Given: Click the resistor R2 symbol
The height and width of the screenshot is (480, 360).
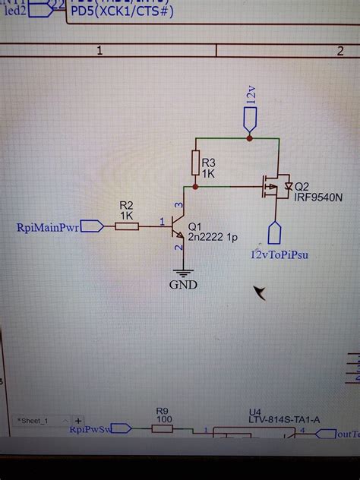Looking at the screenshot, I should pyautogui.click(x=127, y=225).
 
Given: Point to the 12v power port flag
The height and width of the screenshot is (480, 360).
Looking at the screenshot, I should pyautogui.click(x=250, y=118).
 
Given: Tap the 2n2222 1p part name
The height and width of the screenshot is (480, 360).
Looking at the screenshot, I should pyautogui.click(x=212, y=237).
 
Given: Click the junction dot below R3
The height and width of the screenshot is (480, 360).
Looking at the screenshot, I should pyautogui.click(x=195, y=185).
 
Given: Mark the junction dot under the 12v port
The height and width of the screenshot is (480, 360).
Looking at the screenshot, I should pyautogui.click(x=250, y=138).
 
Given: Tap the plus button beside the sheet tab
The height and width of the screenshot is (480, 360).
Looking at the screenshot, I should pyautogui.click(x=78, y=420).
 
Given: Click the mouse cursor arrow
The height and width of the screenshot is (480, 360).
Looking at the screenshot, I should pyautogui.click(x=261, y=292).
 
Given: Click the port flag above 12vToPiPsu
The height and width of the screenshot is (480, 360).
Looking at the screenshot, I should pyautogui.click(x=274, y=231).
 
